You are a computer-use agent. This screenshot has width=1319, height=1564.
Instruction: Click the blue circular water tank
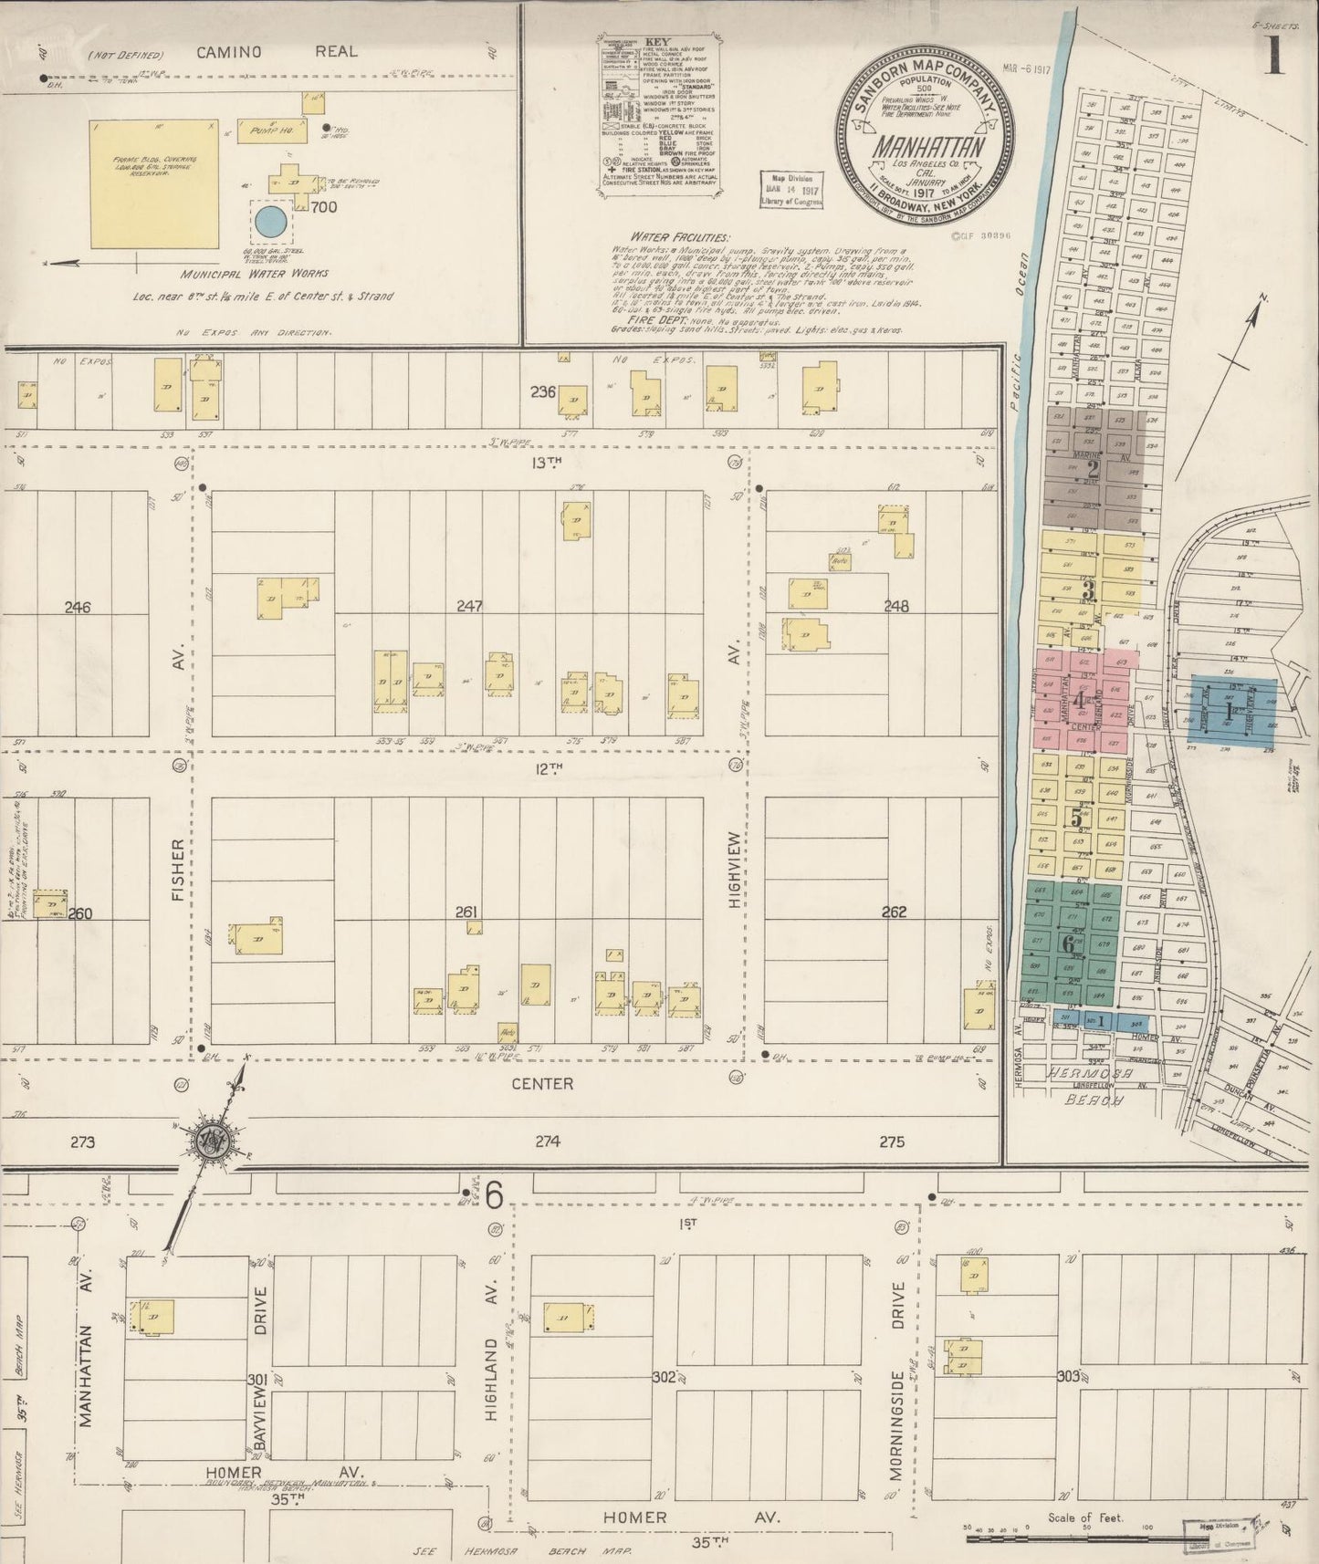tap(269, 221)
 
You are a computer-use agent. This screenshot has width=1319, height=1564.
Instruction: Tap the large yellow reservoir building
tap(155, 185)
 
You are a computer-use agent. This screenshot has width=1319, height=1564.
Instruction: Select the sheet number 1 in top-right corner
tap(1273, 57)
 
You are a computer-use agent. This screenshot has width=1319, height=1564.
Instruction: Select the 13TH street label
tap(546, 463)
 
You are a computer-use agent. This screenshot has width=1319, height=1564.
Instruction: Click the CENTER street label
tap(541, 1084)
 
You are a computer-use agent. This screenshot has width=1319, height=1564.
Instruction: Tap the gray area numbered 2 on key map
tap(1093, 469)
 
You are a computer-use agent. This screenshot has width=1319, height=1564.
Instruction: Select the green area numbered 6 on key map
tap(1067, 944)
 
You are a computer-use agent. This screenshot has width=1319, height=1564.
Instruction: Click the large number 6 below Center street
tap(495, 1195)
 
